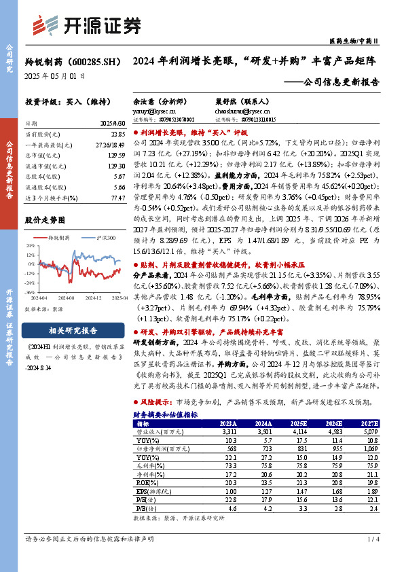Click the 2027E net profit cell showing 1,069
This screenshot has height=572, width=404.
(369, 449)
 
